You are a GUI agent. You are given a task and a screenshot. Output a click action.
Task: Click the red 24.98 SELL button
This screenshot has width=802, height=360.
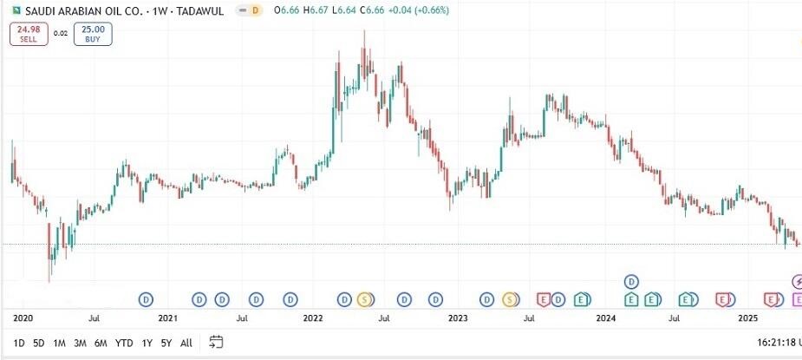pyautogui.click(x=29, y=35)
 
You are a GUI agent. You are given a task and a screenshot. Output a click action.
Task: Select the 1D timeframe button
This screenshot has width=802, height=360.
pyautogui.click(x=19, y=343)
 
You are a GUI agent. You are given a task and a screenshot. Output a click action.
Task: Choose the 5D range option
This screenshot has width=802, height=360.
pyautogui.click(x=39, y=343)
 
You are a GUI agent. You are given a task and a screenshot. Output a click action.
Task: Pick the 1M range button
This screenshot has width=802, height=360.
pyautogui.click(x=59, y=343)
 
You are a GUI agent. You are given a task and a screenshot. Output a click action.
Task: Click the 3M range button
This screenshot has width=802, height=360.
pyautogui.click(x=80, y=343)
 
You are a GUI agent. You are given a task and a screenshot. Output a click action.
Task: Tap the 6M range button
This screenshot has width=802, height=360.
pyautogui.click(x=101, y=343)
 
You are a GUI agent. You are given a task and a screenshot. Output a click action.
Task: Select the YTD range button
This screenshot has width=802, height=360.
pyautogui.click(x=124, y=343)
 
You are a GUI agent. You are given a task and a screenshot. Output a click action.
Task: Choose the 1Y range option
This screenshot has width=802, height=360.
pyautogui.click(x=147, y=343)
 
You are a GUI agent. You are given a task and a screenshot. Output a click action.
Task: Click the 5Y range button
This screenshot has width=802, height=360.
pyautogui.click(x=166, y=343)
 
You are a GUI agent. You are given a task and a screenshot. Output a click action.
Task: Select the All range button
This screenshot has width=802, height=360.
pyautogui.click(x=186, y=343)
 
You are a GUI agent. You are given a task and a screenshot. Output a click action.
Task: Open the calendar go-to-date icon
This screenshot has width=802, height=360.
pyautogui.click(x=217, y=342)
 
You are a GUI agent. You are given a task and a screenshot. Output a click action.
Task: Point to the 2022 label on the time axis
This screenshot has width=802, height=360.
pyautogui.click(x=313, y=318)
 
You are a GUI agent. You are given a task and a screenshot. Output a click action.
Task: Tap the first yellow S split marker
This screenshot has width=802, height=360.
pyautogui.click(x=364, y=300)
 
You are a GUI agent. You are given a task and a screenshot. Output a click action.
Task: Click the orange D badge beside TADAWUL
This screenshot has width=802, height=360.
pyautogui.click(x=253, y=11)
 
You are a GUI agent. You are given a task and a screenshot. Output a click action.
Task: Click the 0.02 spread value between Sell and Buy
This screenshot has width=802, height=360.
pyautogui.click(x=60, y=33)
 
